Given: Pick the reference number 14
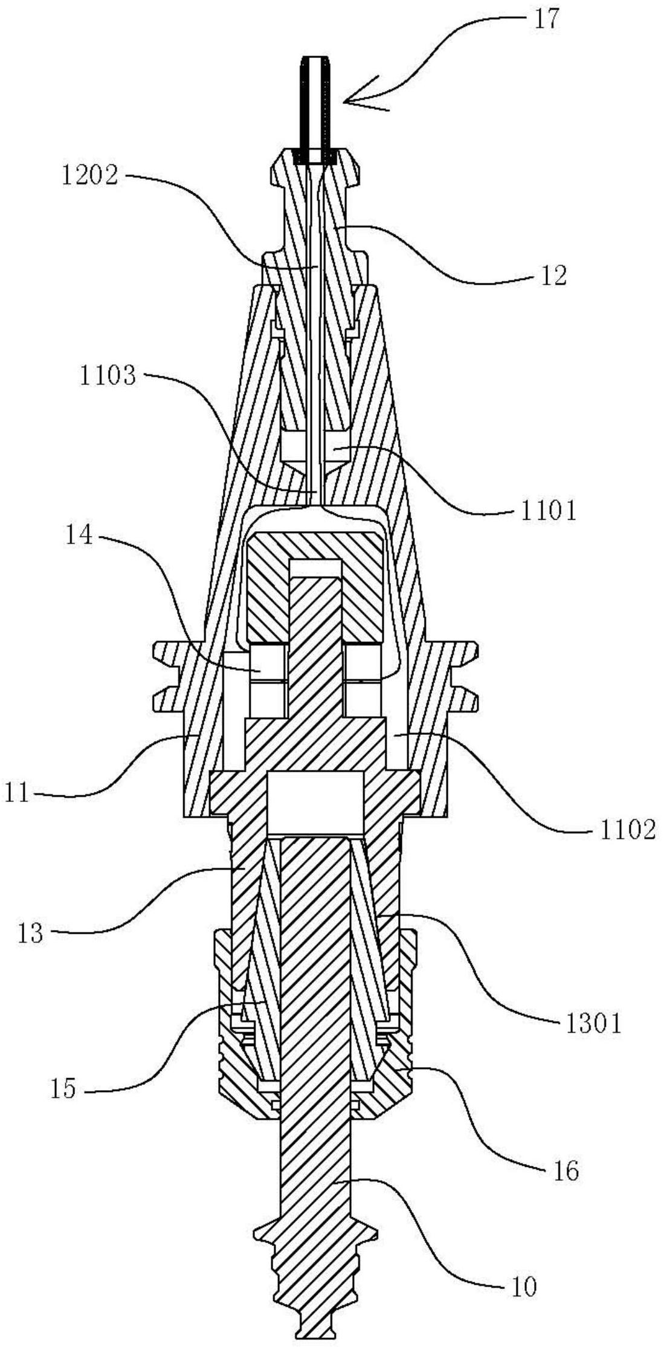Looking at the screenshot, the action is [79, 537].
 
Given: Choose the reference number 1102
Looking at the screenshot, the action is [627, 832].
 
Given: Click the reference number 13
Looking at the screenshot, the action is [30, 933].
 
